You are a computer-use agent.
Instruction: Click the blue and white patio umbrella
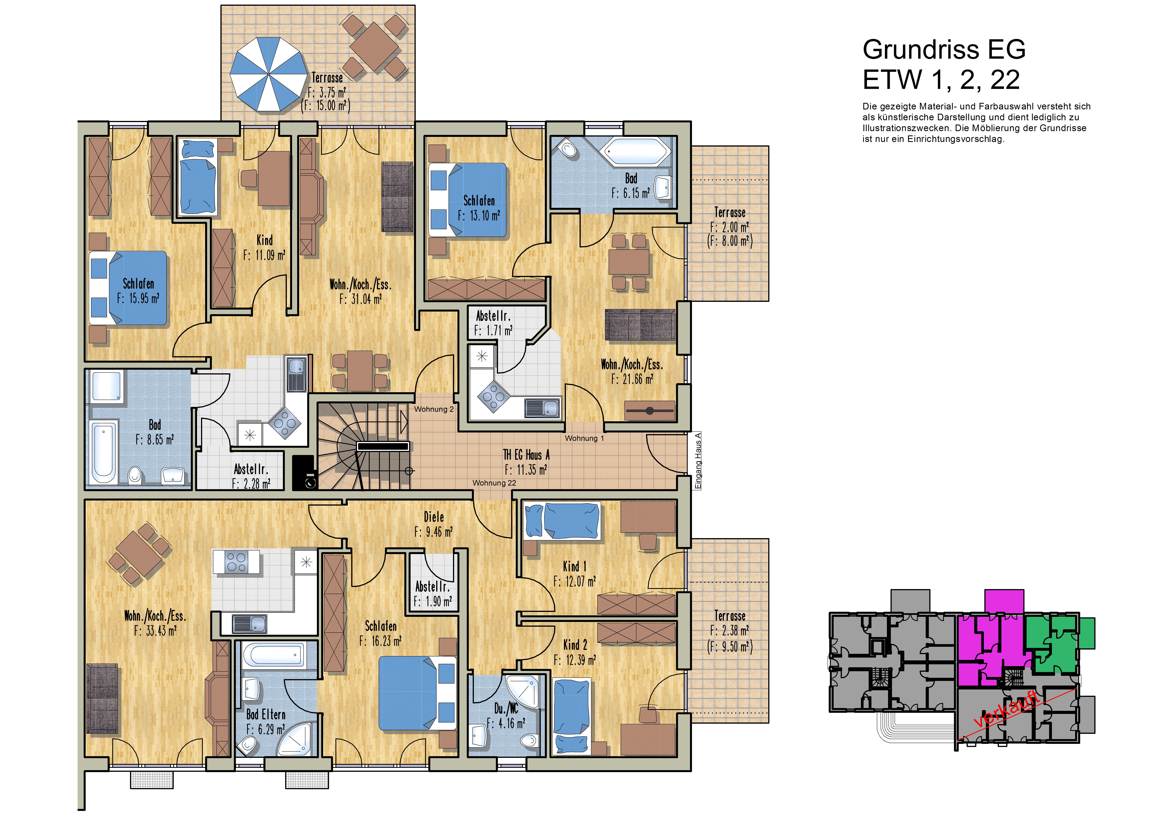(269, 74)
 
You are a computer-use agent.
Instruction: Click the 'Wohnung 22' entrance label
(494, 483)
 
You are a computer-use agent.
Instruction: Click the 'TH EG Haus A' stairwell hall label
(526, 455)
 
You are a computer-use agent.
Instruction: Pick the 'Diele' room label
(434, 517)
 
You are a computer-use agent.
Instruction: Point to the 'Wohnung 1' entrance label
(584, 438)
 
